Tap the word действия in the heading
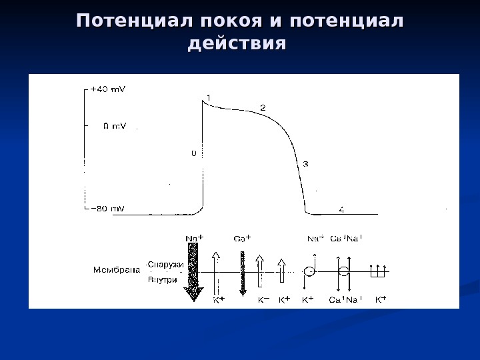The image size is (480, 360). pyautogui.click(x=237, y=45)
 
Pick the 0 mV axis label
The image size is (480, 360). pyautogui.click(x=113, y=125)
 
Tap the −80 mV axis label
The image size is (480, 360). pyautogui.click(x=107, y=209)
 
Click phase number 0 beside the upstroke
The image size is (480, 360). pyautogui.click(x=194, y=153)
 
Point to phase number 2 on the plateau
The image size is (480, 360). pyautogui.click(x=263, y=107)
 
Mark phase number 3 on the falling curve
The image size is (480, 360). pyautogui.click(x=305, y=163)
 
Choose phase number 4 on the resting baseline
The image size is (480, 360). pyautogui.click(x=341, y=209)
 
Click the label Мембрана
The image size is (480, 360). pyautogui.click(x=116, y=270)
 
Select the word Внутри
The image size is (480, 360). pyautogui.click(x=163, y=280)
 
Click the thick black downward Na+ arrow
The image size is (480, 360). pyautogui.click(x=194, y=270)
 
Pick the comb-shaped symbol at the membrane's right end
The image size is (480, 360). pyautogui.click(x=378, y=271)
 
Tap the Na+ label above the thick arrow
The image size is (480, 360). pyautogui.click(x=194, y=237)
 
